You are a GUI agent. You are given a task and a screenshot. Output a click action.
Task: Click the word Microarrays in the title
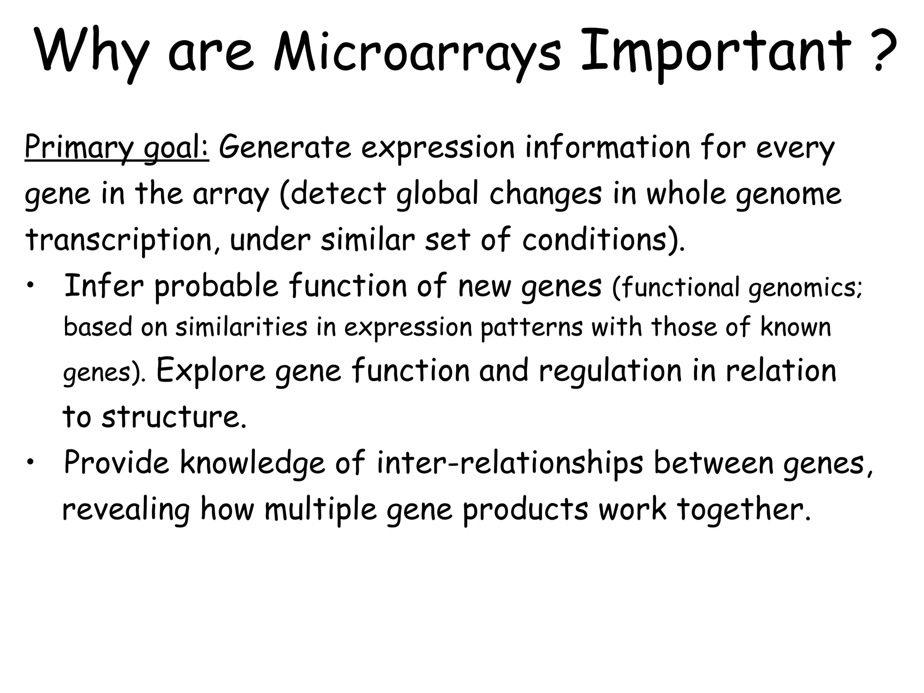[x=417, y=51]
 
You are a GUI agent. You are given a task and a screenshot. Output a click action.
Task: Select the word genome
[x=789, y=194]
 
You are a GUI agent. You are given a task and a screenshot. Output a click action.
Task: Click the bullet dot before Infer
[x=30, y=286]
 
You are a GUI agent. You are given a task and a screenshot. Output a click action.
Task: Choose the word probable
[x=217, y=286]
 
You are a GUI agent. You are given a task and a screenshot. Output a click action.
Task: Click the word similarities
[x=241, y=327]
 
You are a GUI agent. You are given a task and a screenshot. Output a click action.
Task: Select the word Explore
[x=211, y=370]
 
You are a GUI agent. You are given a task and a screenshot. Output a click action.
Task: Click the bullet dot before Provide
[x=30, y=463]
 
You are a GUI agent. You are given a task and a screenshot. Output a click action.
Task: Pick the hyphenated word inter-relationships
[x=510, y=463]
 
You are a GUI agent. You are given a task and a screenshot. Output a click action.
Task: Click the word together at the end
[x=743, y=509]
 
